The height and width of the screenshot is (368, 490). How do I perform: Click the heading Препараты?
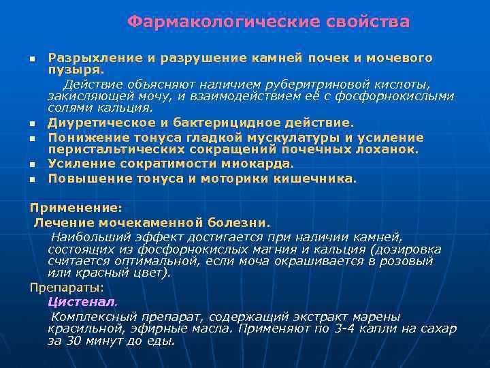[x=67, y=287]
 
